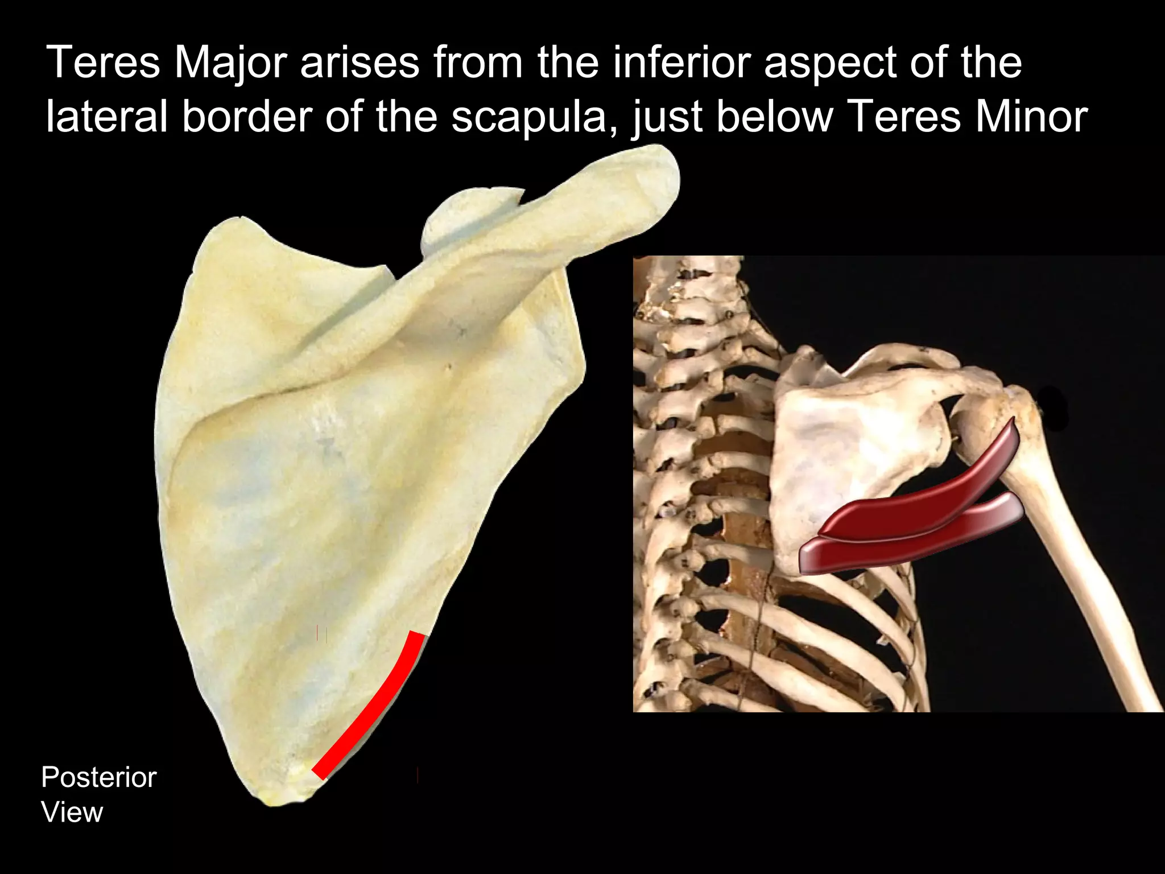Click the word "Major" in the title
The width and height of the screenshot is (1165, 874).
229,63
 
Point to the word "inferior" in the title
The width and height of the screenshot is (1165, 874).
681,63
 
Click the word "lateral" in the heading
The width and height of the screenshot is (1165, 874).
106,117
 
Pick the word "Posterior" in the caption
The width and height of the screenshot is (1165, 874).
99,778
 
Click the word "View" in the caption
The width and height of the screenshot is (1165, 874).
72,813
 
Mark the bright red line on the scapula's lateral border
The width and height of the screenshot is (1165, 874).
375,706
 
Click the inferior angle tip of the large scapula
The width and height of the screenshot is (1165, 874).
279,799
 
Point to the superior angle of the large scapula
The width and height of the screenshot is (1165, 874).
228,225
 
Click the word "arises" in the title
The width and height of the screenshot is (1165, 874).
360,63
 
